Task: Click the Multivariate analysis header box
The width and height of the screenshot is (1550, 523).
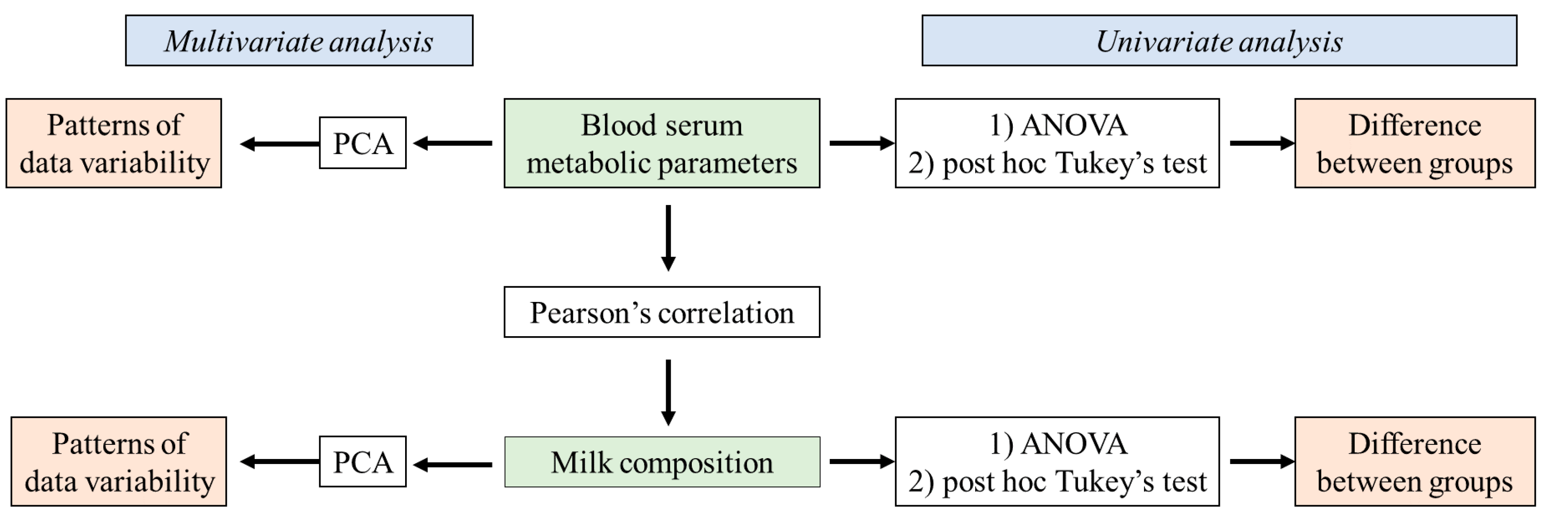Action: click(299, 41)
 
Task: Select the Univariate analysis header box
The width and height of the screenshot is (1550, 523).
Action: click(1219, 41)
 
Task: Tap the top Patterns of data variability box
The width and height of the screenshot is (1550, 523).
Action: click(114, 143)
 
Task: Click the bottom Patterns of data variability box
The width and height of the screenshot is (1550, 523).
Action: click(118, 462)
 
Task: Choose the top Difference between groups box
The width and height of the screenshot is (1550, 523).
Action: click(1415, 143)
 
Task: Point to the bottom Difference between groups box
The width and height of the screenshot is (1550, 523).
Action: click(1415, 462)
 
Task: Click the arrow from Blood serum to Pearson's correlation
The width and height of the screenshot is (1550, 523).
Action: click(668, 238)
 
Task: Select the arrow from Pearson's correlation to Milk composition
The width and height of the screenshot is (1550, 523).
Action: click(668, 392)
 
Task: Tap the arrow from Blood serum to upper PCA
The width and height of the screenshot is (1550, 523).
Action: click(453, 143)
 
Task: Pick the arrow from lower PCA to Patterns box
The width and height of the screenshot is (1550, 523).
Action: click(279, 462)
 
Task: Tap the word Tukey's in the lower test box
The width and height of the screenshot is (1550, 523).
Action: click(1105, 481)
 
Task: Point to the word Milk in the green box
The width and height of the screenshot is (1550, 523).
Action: click(581, 462)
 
